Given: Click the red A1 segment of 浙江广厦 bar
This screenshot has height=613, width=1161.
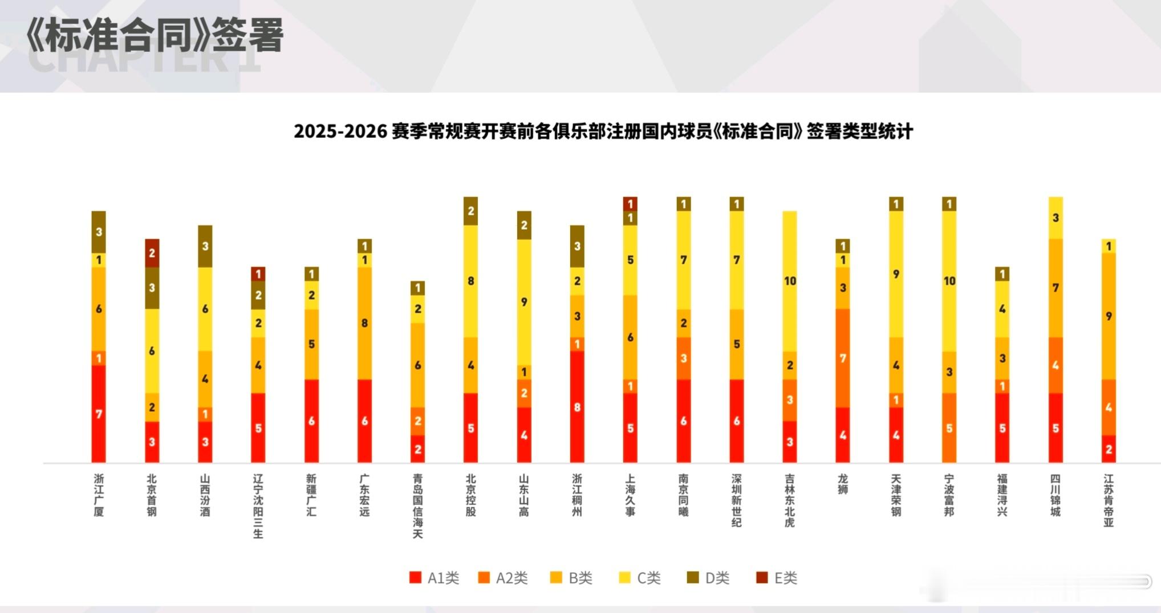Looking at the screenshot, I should pos(99,414).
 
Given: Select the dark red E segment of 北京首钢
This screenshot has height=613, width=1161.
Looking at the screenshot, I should pos(152,253).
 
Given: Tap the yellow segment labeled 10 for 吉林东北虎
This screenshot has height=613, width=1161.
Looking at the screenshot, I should pos(790,281).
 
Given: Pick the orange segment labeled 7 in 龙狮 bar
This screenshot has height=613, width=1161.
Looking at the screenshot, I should pos(843,358).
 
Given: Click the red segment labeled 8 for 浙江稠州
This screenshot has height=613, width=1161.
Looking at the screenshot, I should pos(577,407).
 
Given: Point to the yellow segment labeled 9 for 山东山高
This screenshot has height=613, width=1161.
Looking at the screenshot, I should pos(524,302).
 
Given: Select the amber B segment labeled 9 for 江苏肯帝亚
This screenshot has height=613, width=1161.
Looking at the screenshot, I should pos(1109,316).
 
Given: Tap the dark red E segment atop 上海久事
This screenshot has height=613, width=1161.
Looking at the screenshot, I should pos(630,203).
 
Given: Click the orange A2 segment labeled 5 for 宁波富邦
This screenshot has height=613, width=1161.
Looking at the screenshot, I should pos(949,428).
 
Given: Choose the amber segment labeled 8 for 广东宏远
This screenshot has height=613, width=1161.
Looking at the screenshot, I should pos(364,323).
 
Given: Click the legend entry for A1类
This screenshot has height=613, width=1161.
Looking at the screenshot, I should pos(435,578).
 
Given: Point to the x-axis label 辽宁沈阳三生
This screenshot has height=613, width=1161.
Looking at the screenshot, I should pos(258,506).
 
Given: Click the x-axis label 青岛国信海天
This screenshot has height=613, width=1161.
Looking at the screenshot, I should pos(417,506).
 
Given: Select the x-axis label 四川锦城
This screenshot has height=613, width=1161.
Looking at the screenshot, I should pos(1056,495).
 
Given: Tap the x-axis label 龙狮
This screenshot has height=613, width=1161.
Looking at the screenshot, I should pos(843,484).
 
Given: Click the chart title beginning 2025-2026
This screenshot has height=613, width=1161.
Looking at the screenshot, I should pos(603,132).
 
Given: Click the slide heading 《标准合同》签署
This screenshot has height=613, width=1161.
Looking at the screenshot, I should pos(154,35).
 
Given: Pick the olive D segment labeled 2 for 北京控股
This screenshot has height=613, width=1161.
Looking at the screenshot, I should pos(470,211).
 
